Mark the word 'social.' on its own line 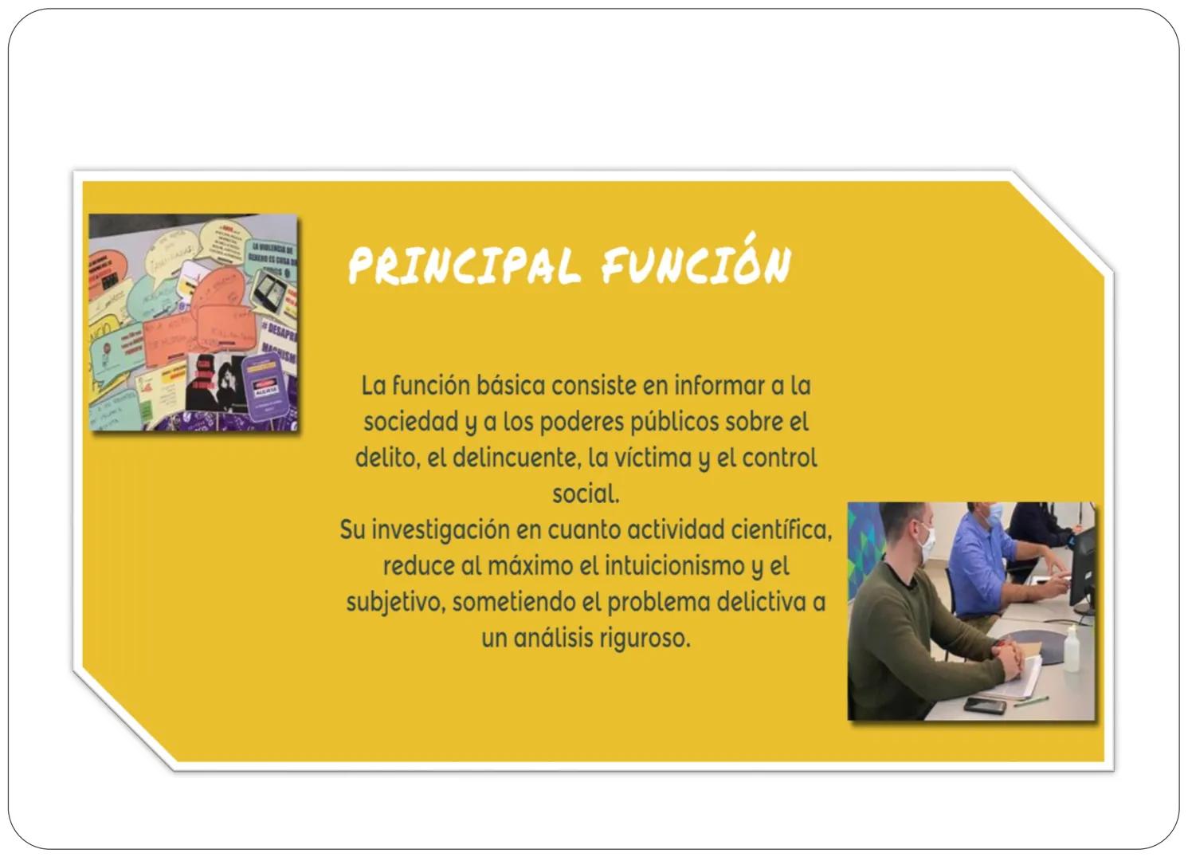click(586, 494)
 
